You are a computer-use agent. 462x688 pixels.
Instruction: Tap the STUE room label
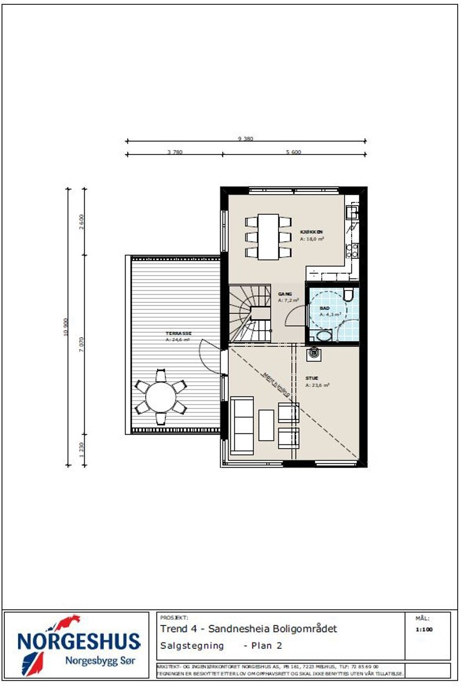point(312,378)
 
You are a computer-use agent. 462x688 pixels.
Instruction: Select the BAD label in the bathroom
point(324,308)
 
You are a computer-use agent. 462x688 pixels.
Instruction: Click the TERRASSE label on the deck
point(179,333)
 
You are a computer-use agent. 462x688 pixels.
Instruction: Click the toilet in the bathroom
point(349,295)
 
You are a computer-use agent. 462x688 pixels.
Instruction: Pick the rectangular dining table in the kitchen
point(269,237)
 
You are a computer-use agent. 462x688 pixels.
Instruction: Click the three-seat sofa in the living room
point(242,425)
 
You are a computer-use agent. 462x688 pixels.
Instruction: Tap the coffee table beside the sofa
point(266,425)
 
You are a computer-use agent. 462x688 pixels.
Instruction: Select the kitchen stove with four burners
point(352,250)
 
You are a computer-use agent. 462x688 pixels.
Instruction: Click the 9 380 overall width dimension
point(246,139)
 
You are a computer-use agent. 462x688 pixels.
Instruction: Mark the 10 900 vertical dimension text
point(66,326)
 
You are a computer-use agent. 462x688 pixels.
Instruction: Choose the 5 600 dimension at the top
point(293,152)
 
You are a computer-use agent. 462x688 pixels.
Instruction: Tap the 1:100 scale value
point(423,630)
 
